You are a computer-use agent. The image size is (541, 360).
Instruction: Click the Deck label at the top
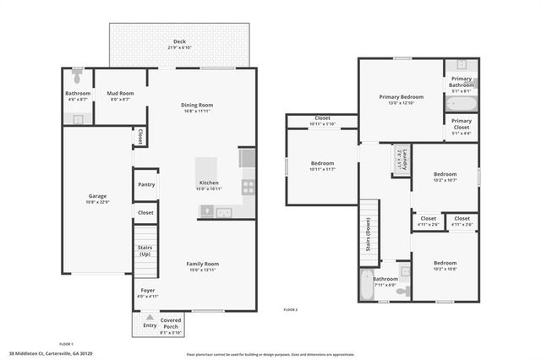point(179,41)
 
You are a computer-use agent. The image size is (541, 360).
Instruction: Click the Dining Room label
point(202,105)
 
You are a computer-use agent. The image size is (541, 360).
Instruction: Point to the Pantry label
point(145,183)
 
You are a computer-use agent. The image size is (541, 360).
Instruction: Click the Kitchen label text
point(209,183)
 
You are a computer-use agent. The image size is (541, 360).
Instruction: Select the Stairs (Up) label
point(145,250)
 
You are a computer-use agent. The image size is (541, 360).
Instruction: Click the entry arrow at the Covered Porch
point(150,318)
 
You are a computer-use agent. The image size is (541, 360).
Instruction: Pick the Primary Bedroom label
point(401,97)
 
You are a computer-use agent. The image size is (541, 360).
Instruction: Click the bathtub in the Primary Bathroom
point(462,105)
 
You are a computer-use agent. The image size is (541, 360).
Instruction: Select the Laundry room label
point(399,158)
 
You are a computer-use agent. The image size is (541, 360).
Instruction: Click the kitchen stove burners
point(249,186)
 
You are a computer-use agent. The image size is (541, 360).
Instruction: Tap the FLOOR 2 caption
point(291,310)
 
